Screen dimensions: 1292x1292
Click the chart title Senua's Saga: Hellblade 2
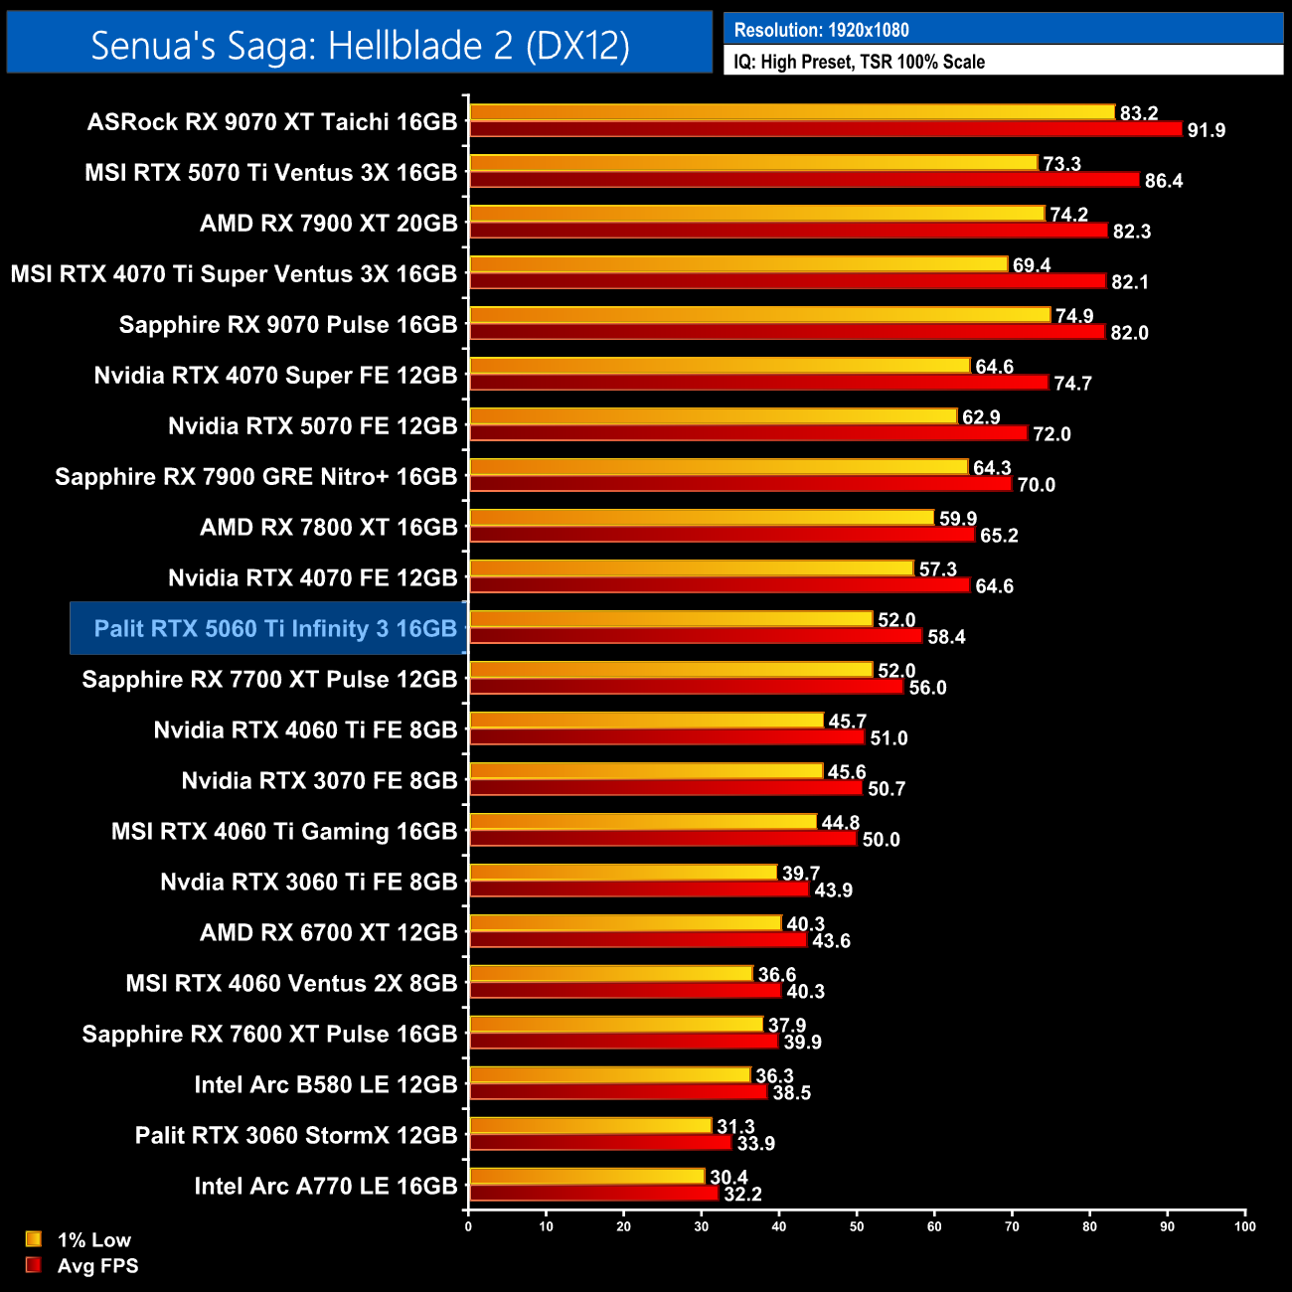[x=360, y=46]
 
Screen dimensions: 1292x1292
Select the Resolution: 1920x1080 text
[x=821, y=30]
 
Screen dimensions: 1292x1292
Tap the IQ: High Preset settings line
[x=859, y=62]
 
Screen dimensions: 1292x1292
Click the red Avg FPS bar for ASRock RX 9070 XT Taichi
[x=825, y=129]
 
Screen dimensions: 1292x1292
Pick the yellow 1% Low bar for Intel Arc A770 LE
[x=586, y=1177]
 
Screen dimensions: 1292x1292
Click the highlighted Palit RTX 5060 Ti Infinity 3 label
[x=274, y=628]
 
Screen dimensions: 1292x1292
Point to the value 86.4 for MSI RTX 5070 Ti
[x=1163, y=181]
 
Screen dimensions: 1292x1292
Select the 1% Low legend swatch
[x=34, y=1239]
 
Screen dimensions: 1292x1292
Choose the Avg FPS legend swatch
[x=34, y=1265]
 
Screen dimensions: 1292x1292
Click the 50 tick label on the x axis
[x=857, y=1226]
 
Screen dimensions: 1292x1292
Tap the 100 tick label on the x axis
[x=1244, y=1226]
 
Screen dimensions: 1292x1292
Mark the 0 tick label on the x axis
[x=468, y=1226]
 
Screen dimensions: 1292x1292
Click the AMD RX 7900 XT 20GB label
[x=328, y=224]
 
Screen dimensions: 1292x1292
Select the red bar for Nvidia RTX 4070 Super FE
[x=758, y=383]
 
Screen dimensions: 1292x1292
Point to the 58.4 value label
[x=946, y=637]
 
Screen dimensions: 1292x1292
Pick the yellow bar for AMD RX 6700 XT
[x=625, y=923]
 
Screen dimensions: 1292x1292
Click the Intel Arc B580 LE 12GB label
[x=325, y=1084]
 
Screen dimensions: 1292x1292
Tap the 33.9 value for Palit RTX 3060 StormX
[x=755, y=1144]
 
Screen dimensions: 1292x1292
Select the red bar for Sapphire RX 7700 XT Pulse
[x=686, y=687]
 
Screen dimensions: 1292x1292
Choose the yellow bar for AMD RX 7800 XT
[x=701, y=518]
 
